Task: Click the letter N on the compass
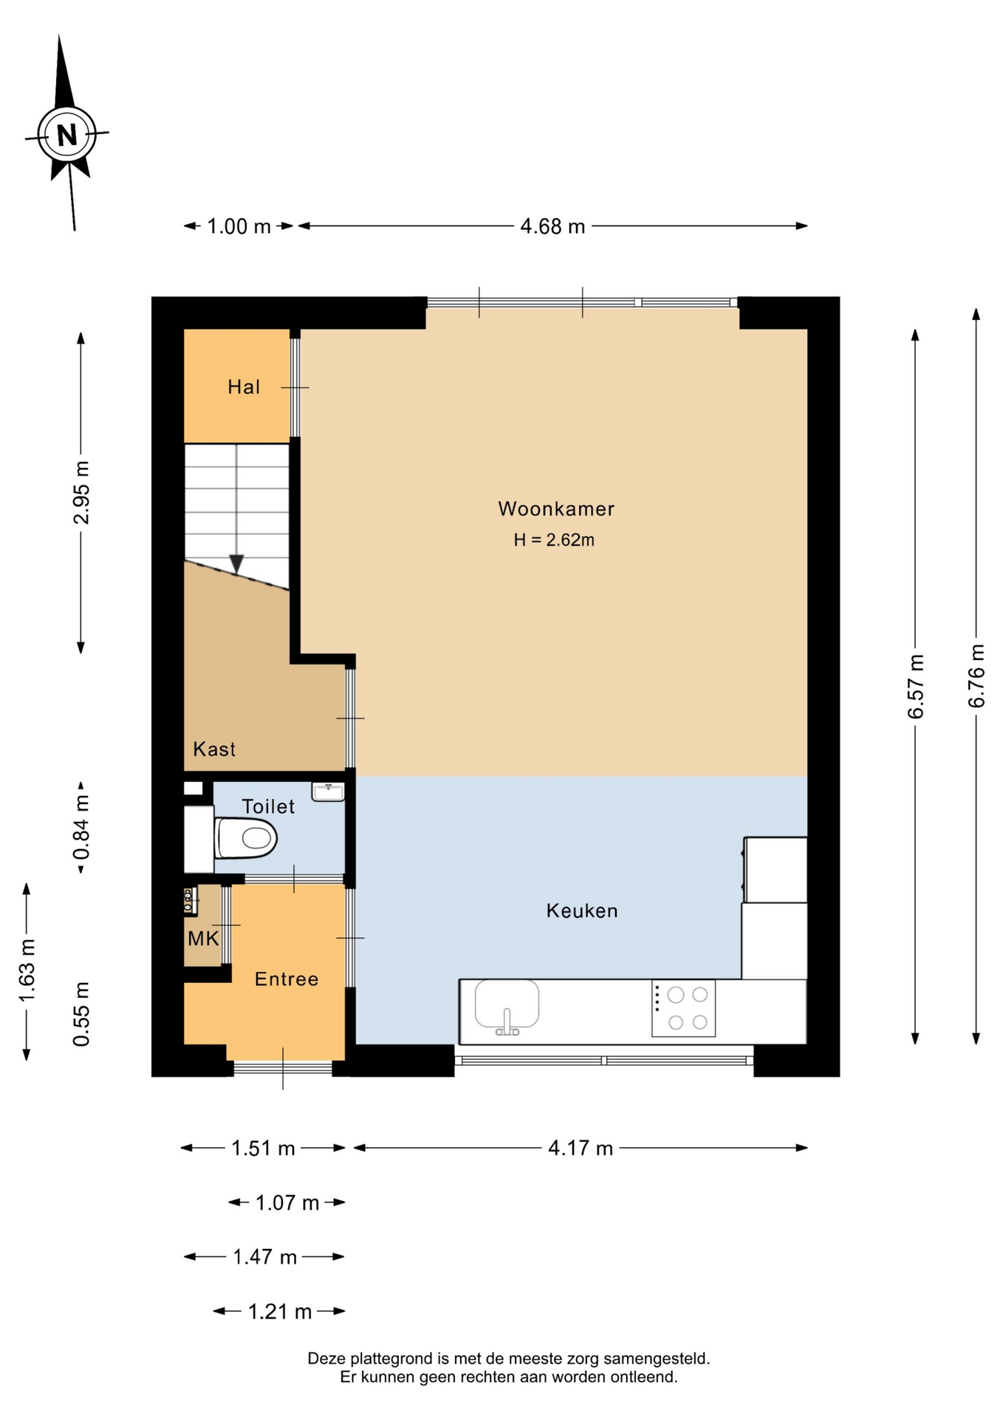coord(67,135)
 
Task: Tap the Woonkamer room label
coord(556,508)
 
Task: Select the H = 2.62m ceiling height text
coord(554,540)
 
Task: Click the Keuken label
coord(582,911)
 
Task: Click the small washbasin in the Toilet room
coord(328,792)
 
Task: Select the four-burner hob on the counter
coord(683,1008)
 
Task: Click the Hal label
coord(244,387)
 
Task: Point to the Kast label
coord(214,749)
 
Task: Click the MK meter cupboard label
coord(203,939)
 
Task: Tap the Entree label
coord(287,979)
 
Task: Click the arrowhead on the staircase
coord(236,564)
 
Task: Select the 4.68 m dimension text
coord(552,226)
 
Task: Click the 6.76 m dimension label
coord(976,676)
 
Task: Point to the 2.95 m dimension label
coord(81,492)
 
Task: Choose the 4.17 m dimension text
coord(581,1148)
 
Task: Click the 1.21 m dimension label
coord(279,1311)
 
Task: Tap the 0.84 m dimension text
coord(81,828)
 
